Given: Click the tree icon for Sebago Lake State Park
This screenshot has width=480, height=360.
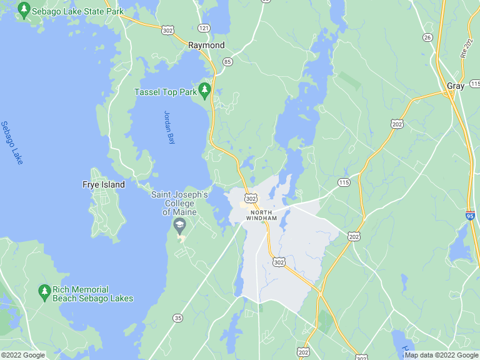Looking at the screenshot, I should pyautogui.click(x=24, y=11).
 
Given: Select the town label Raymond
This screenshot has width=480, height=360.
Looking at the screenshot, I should pyautogui.click(x=206, y=46).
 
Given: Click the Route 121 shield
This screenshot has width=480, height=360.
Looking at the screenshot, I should pyautogui.click(x=204, y=28).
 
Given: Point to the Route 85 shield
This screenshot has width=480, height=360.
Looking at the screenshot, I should pyautogui.click(x=227, y=61).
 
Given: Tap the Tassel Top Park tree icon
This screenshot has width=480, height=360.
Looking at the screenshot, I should pyautogui.click(x=204, y=91).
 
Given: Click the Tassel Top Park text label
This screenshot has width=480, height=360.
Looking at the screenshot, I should pyautogui.click(x=165, y=92).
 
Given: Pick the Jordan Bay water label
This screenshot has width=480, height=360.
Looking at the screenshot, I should pyautogui.click(x=168, y=127).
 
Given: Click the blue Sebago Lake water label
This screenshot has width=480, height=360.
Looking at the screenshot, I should pyautogui.click(x=12, y=142).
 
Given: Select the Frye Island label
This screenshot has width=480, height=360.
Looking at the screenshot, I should pyautogui.click(x=104, y=184).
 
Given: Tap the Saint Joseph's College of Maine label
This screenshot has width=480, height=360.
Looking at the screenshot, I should pyautogui.click(x=179, y=203).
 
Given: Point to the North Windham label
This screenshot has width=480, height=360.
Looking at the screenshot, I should pyautogui.click(x=261, y=215).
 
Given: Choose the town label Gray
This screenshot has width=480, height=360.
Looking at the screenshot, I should pyautogui.click(x=456, y=86).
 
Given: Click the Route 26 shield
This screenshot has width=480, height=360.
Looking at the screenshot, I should pyautogui.click(x=427, y=37).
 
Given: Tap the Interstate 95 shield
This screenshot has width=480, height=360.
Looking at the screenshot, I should pyautogui.click(x=471, y=216).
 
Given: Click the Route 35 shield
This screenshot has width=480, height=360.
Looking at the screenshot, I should pyautogui.click(x=178, y=319).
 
